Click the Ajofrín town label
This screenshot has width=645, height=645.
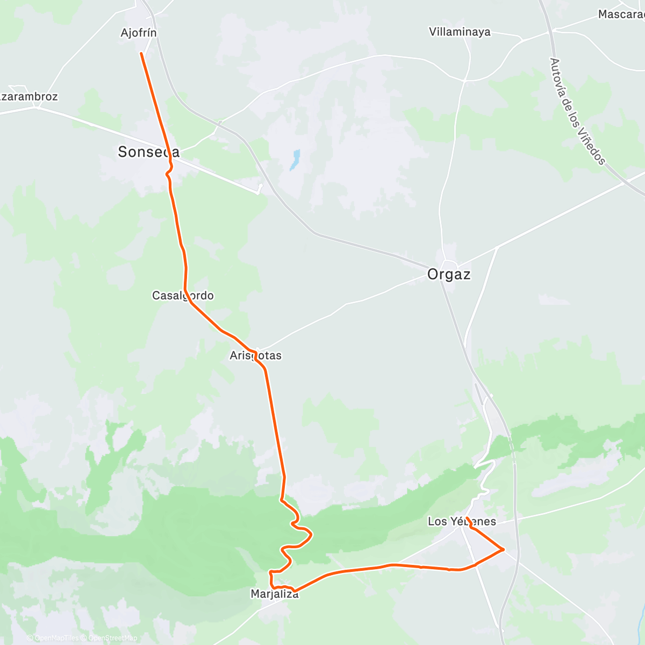point(139,33)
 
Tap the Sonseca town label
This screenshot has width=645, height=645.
point(148,152)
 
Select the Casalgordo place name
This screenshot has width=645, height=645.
point(183,296)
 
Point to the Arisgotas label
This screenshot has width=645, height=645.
point(255,355)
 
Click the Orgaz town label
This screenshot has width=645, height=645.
point(449,275)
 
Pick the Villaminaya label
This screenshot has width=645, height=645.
point(460,32)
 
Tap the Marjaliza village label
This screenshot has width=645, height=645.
point(274,594)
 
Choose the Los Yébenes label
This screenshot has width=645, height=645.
point(462,521)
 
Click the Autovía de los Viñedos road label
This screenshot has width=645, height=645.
point(578,111)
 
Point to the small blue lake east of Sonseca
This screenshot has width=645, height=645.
point(294,160)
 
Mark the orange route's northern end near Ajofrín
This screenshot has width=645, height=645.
point(141,53)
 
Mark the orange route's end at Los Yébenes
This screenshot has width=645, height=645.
point(467,518)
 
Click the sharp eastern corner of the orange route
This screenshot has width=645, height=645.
point(504,549)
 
